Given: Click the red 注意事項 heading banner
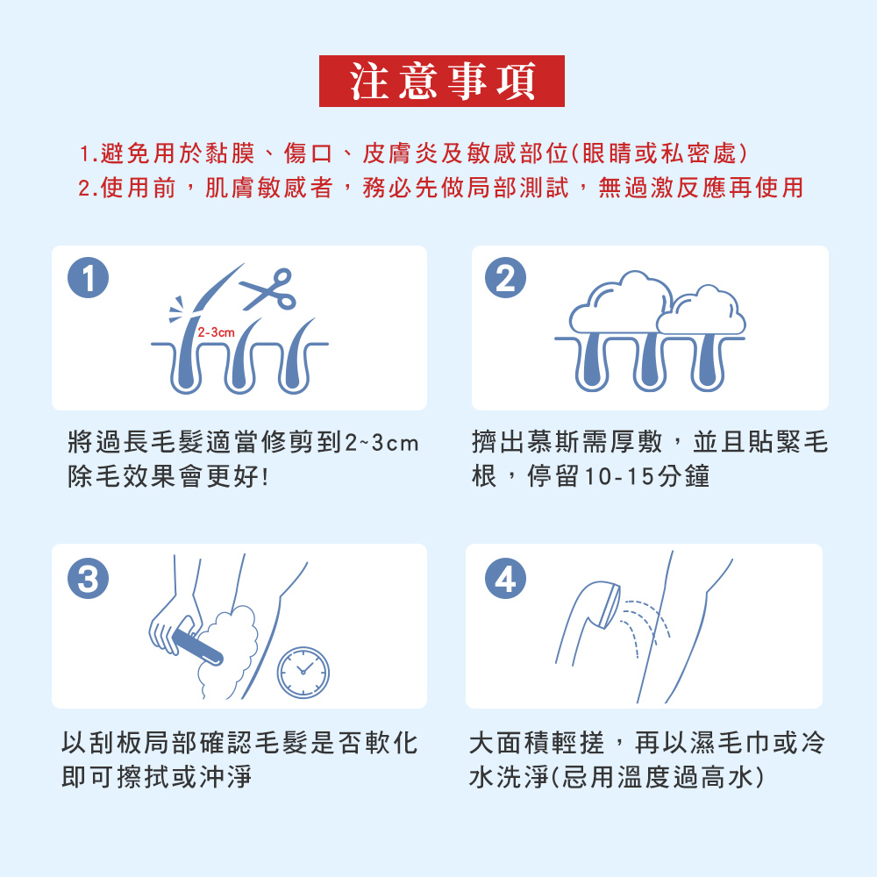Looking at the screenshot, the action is pos(441,81).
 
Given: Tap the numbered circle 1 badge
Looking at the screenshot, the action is pos(88,277).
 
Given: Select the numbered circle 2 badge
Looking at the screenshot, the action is pos(505,277).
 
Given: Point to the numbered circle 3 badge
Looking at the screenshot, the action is pos(88,578).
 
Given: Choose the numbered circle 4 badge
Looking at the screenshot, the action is pos(505,578).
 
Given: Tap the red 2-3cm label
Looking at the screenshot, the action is pos(216,332).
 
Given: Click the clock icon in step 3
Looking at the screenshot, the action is pos(303,673).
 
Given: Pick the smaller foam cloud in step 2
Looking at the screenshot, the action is pos(702,310).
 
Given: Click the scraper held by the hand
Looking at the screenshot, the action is pos(197,647).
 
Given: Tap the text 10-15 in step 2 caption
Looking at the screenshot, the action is pos(619,476).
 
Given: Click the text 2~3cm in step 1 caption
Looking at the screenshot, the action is pos(381,443).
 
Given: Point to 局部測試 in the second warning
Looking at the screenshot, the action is pos(518,188).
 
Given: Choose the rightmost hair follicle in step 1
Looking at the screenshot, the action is pos(296,357).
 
